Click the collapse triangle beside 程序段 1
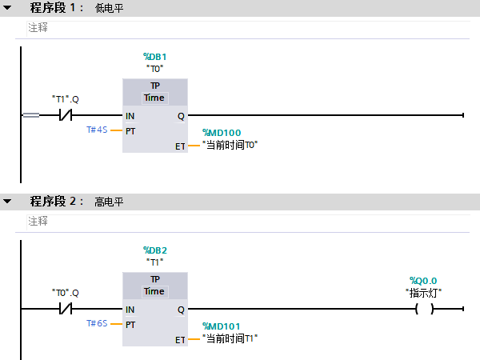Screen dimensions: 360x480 (7, 8)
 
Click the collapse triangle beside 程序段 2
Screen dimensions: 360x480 (7, 202)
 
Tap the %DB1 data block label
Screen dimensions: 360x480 (154, 57)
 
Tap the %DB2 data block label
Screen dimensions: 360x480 (154, 250)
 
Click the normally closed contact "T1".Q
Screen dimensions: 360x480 (66, 115)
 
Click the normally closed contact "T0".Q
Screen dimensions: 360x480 (66, 309)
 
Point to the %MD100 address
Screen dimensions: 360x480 (222, 133)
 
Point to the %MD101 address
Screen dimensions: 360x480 (222, 326)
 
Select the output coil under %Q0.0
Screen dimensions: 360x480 (424, 309)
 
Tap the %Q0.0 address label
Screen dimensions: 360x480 (424, 280)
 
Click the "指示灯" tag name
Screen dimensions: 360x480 (424, 292)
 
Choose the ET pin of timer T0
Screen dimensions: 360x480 (180, 146)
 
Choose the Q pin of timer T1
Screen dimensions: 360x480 (181, 309)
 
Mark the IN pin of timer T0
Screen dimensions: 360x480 (130, 115)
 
